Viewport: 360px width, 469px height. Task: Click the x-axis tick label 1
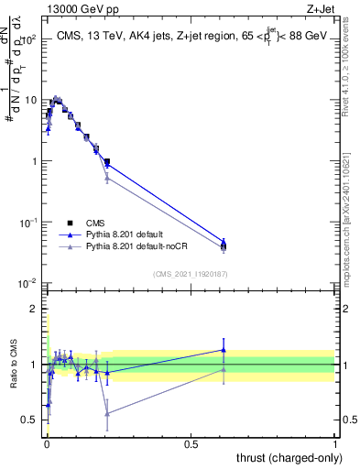tap(335, 444)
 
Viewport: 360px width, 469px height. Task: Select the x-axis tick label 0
tap(46, 444)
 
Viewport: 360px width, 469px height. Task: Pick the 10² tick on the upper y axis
tap(29, 39)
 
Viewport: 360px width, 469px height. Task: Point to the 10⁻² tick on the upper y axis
tap(29, 283)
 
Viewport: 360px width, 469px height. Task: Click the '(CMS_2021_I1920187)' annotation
tap(190, 273)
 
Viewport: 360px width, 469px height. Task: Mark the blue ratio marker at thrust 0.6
tap(224, 350)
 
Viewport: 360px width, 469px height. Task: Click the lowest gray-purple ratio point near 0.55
tap(107, 414)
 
